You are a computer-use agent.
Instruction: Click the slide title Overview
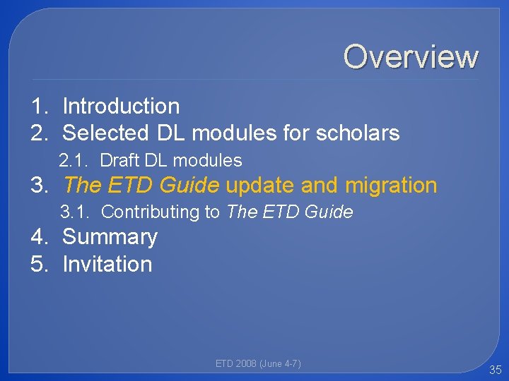pos(411,56)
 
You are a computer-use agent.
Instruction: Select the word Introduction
pos(121,106)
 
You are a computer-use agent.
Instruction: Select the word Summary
pos(110,237)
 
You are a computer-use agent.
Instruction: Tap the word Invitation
pos(107,264)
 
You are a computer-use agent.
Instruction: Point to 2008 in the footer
pos(245,363)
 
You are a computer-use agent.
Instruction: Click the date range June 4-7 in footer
pos(281,363)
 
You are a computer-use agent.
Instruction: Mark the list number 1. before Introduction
pos(40,106)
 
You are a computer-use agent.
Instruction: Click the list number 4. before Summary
pos(40,237)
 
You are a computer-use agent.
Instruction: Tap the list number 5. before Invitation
pos(40,264)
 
